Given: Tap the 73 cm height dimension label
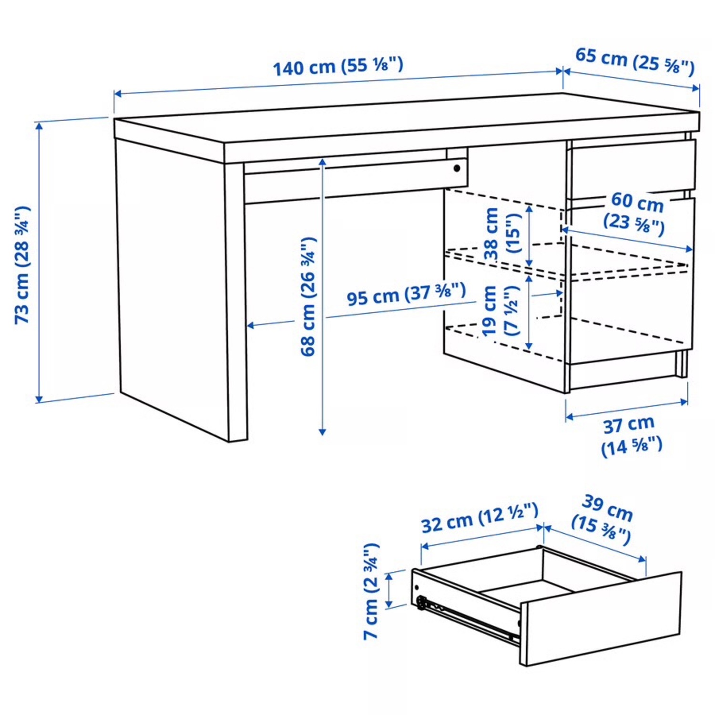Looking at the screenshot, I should (22, 265).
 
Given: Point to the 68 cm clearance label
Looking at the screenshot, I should (308, 296).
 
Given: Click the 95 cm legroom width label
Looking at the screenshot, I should (406, 294).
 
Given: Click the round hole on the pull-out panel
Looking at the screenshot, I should (458, 168).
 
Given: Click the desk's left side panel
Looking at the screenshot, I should (172, 286).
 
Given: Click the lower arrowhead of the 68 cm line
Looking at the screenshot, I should (322, 432).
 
